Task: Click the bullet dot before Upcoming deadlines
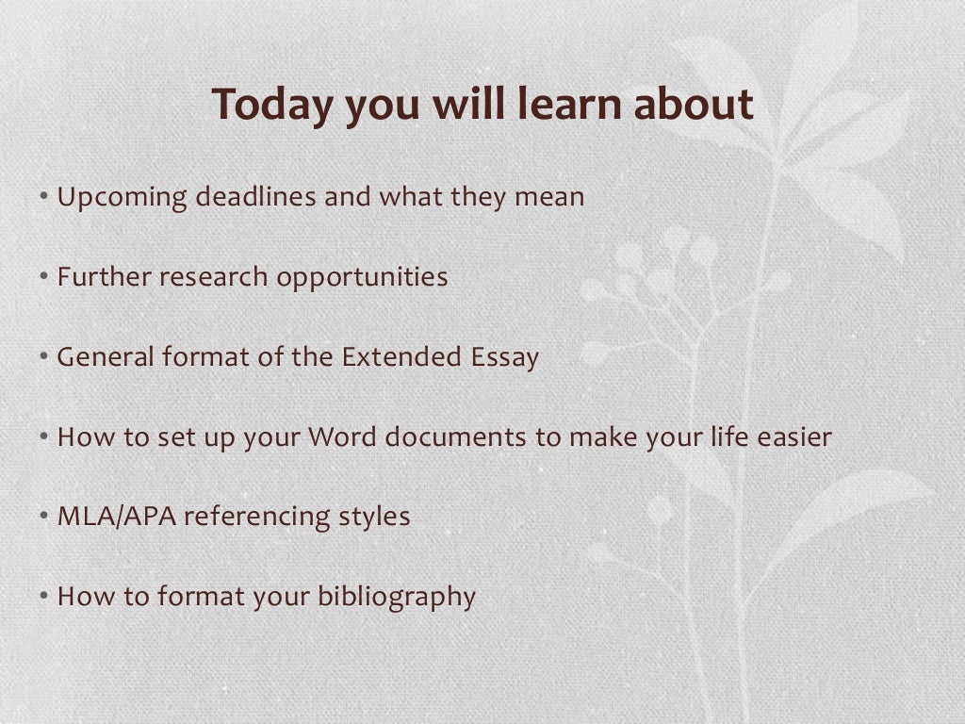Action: pyautogui.click(x=45, y=198)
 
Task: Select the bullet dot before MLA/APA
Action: pyautogui.click(x=45, y=518)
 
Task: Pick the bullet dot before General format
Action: pyautogui.click(x=45, y=358)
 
